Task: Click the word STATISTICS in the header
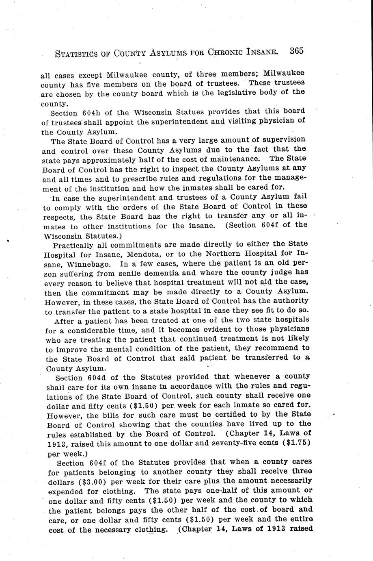click(75, 53)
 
